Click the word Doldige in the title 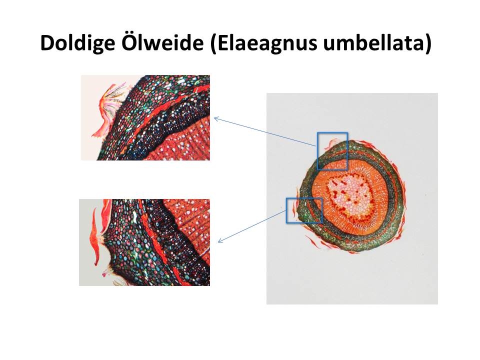[x=77, y=43]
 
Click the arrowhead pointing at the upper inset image [x=216, y=119]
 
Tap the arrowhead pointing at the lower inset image [x=219, y=240]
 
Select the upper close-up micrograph [x=145, y=117]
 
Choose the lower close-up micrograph [x=144, y=242]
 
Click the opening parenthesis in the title [x=214, y=43]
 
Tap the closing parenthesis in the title [x=428, y=43]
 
